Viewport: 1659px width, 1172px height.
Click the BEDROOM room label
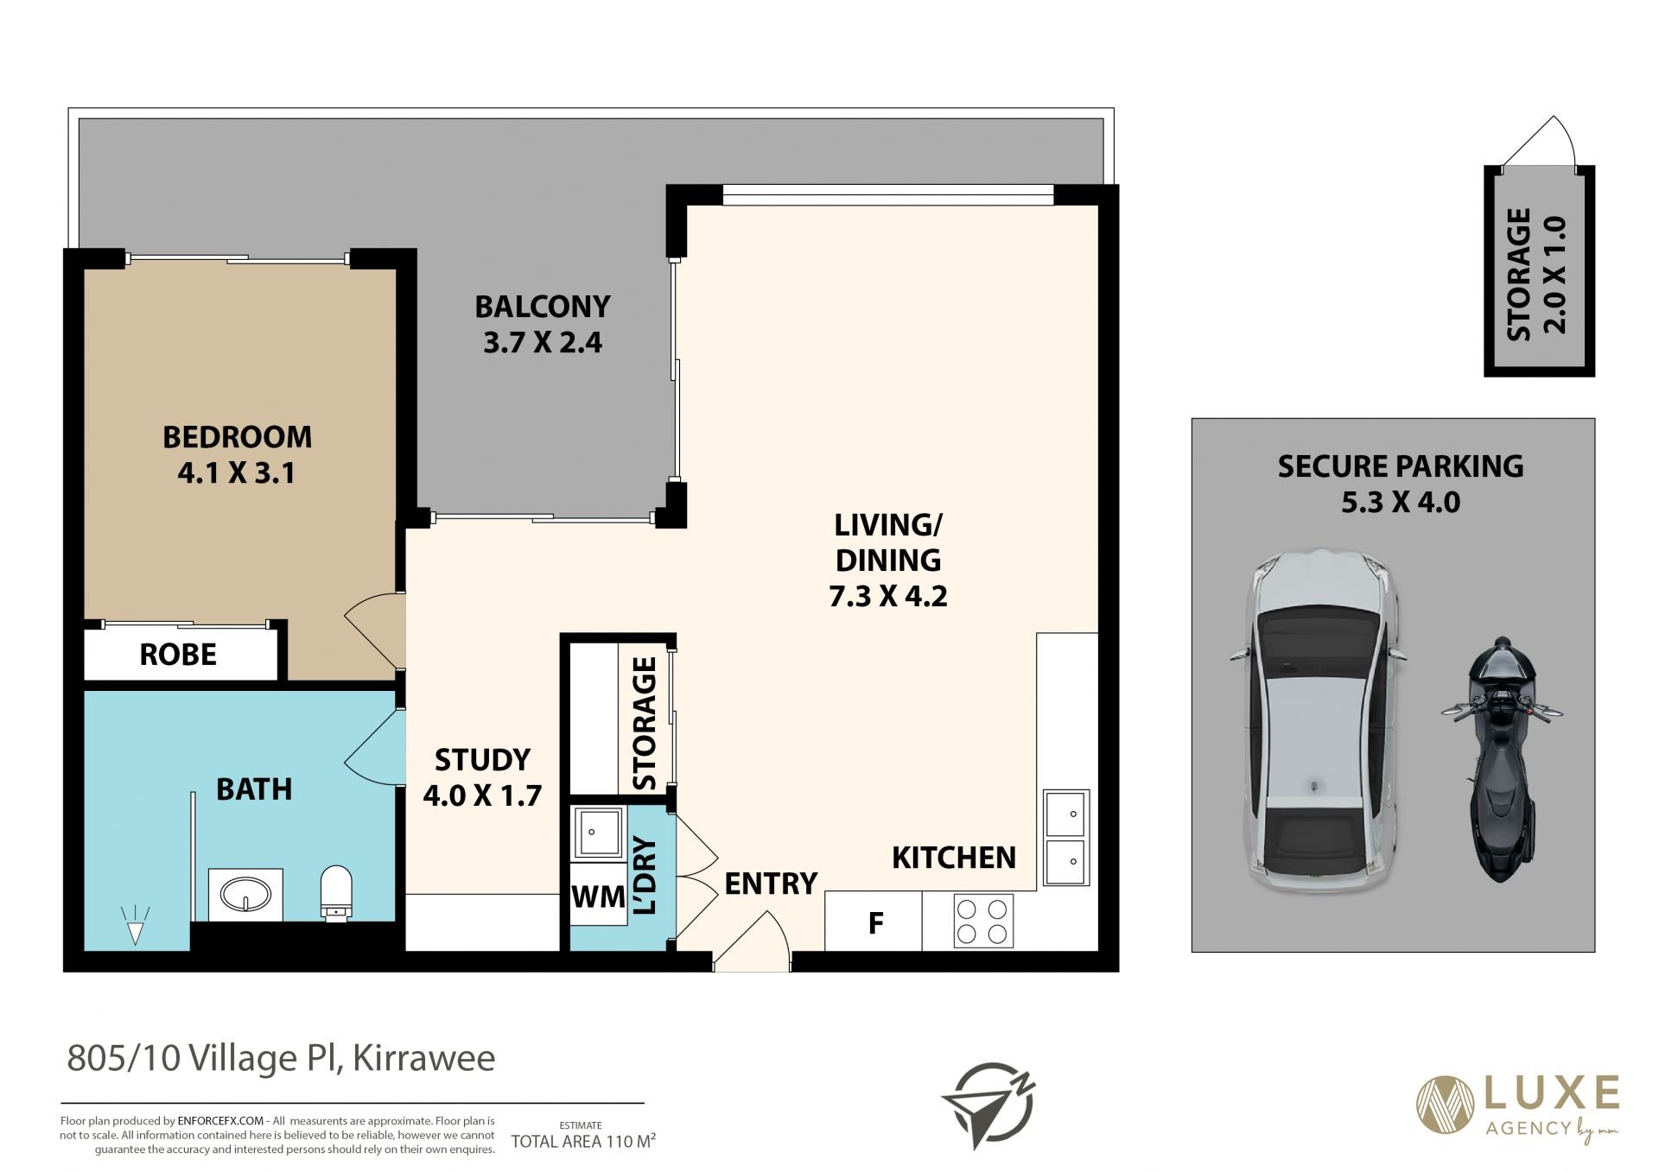click(237, 437)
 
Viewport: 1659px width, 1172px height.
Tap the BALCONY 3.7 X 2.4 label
click(543, 324)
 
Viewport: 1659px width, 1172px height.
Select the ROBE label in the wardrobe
click(178, 655)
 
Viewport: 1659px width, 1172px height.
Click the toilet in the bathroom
click(336, 892)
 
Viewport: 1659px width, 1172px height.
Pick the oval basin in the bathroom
click(245, 894)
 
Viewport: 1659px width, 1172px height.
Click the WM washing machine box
click(598, 896)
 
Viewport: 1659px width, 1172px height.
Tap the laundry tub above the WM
click(597, 833)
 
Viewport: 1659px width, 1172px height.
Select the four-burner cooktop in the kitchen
click(983, 921)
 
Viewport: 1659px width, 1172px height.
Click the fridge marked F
click(874, 922)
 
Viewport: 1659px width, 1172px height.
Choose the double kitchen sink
click(1066, 837)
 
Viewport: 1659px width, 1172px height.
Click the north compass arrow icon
click(988, 1105)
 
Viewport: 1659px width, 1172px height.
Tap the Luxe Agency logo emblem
click(1444, 1103)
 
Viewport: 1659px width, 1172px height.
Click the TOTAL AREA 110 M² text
click(583, 1141)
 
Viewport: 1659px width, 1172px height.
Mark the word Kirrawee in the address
click(424, 1058)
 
